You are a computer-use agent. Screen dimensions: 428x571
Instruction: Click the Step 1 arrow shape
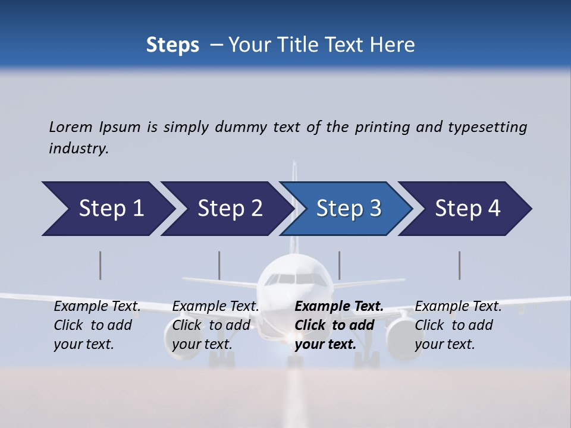click(x=107, y=209)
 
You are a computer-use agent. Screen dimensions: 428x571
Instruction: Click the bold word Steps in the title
click(x=172, y=45)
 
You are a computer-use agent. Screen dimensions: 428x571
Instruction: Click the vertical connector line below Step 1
click(x=101, y=265)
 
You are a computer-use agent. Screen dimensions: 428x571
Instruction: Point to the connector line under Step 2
click(x=219, y=265)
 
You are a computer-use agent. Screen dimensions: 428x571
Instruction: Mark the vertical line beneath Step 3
click(x=340, y=265)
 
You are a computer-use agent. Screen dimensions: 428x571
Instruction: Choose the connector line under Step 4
click(x=460, y=265)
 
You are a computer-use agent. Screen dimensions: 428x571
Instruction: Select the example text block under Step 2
click(x=215, y=325)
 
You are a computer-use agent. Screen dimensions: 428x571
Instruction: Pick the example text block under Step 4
click(x=457, y=325)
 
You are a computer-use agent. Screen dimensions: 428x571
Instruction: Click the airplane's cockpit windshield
click(x=296, y=279)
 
